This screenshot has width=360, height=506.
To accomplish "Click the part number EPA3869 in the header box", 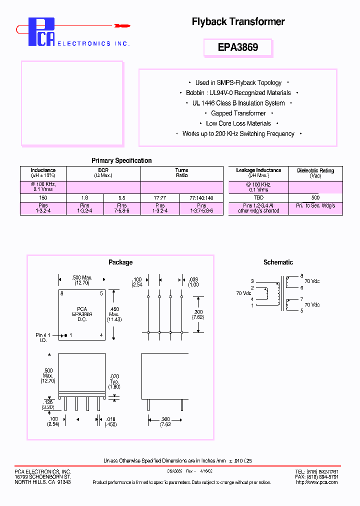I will [x=238, y=47].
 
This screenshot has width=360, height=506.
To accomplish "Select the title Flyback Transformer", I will [x=238, y=21].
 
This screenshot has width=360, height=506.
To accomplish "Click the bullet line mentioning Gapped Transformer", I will [x=238, y=113].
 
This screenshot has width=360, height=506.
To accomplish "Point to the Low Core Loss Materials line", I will [x=238, y=123].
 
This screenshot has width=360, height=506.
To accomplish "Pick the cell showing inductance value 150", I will [x=43, y=198].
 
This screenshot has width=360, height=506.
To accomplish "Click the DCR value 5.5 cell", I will [x=122, y=198].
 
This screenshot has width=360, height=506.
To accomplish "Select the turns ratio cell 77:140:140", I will [x=201, y=198].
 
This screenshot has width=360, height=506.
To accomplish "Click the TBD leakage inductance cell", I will [x=258, y=198].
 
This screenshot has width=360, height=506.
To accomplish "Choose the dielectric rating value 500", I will [x=315, y=198].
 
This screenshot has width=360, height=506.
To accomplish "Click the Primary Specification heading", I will [x=121, y=160].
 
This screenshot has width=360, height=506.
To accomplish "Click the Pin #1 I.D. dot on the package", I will [x=65, y=334].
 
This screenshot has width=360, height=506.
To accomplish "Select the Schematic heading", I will [x=278, y=262].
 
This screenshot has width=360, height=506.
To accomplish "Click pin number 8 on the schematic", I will [x=301, y=276].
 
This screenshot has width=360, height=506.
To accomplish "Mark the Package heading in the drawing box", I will [x=120, y=262].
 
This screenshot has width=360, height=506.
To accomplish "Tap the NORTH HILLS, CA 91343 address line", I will [x=42, y=482].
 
